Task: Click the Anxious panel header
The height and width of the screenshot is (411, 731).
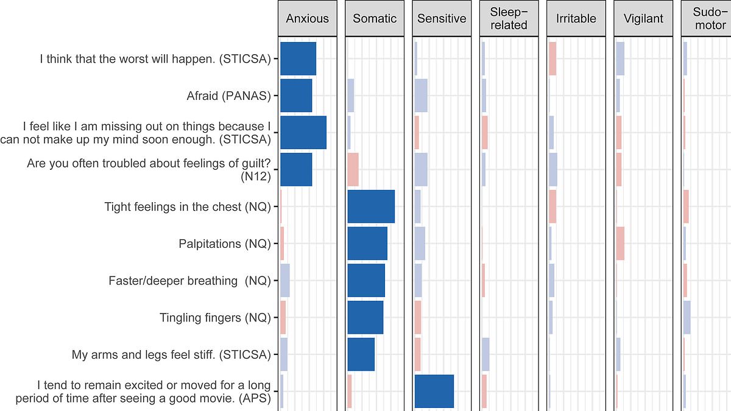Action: (x=308, y=18)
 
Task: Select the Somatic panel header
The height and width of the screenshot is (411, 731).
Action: (x=375, y=18)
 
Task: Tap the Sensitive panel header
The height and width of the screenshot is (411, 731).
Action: (x=442, y=18)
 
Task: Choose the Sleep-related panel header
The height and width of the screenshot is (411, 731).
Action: (x=509, y=18)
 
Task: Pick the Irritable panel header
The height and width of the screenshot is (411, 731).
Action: (x=576, y=18)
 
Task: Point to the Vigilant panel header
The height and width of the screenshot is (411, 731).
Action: (x=643, y=18)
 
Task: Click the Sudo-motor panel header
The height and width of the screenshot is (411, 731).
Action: (x=707, y=18)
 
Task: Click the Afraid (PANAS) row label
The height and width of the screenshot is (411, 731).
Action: (x=228, y=96)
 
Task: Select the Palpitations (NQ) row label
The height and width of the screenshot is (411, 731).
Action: (x=224, y=244)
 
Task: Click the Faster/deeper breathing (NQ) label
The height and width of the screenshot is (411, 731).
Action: (x=189, y=281)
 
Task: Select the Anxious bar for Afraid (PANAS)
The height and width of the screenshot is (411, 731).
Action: (x=296, y=96)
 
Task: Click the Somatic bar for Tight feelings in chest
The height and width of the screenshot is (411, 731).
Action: (x=371, y=206)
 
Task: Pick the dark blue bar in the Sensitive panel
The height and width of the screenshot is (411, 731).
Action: (x=434, y=391)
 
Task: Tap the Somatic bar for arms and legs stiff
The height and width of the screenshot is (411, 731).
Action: (x=361, y=354)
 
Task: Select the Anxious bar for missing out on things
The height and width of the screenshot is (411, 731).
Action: (x=303, y=132)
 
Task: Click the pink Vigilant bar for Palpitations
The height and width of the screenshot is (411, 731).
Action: (x=620, y=244)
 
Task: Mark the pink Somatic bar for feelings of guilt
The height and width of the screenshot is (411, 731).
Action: (x=353, y=169)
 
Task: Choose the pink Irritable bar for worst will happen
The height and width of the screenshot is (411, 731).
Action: (x=553, y=58)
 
